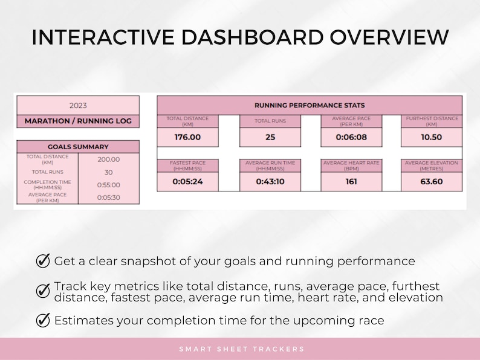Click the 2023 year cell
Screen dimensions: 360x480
78,105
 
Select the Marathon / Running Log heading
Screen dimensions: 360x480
78,121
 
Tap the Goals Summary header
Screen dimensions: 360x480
78,146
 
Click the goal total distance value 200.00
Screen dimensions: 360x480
109,159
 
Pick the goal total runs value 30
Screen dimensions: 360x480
109,172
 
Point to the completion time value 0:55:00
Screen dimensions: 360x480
109,185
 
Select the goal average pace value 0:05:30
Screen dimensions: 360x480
109,197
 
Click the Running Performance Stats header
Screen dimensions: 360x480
309,105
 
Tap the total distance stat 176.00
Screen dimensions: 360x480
187,137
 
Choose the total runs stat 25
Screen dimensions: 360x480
270,137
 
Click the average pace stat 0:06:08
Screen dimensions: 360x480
351,137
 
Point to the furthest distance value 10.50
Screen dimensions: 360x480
431,137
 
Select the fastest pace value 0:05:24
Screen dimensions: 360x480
187,181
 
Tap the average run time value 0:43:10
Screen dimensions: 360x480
270,181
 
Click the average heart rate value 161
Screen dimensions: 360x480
351,181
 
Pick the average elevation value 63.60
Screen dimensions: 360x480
431,181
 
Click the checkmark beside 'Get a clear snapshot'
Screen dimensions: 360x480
43,261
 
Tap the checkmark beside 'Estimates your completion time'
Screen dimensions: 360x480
43,320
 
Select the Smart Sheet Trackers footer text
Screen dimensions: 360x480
241,349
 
